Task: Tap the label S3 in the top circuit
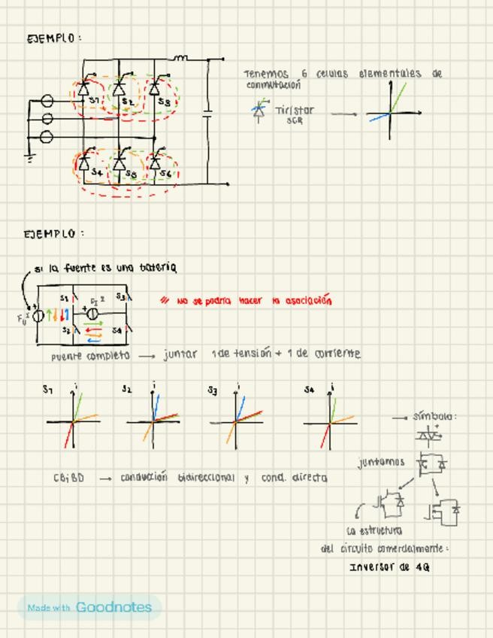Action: pyautogui.click(x=165, y=102)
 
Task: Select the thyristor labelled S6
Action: pyautogui.click(x=156, y=162)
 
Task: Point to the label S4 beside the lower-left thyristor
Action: pyautogui.click(x=96, y=172)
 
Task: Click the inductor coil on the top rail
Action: pyautogui.click(x=180, y=57)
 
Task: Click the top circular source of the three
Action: pyautogui.click(x=47, y=100)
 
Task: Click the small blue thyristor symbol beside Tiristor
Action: pyautogui.click(x=259, y=111)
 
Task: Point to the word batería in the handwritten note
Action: pyautogui.click(x=158, y=267)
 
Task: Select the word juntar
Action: pyautogui.click(x=180, y=354)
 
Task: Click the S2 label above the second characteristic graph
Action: pyautogui.click(x=127, y=389)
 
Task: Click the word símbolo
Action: pyautogui.click(x=434, y=416)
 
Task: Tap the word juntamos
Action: pyautogui.click(x=381, y=463)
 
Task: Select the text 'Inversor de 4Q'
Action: pyautogui.click(x=389, y=567)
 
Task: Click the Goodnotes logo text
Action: pyautogui.click(x=113, y=607)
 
